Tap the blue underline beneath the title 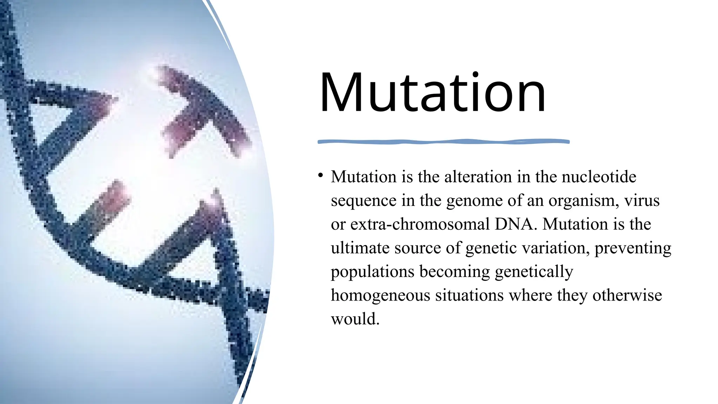tap(443, 142)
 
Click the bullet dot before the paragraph tap(320, 175)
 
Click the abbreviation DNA tap(515, 224)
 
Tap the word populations tap(372, 272)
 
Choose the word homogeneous tap(380, 295)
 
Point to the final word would tap(355, 319)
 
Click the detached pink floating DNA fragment tap(203, 112)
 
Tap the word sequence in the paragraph tap(363, 201)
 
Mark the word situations tap(469, 295)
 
